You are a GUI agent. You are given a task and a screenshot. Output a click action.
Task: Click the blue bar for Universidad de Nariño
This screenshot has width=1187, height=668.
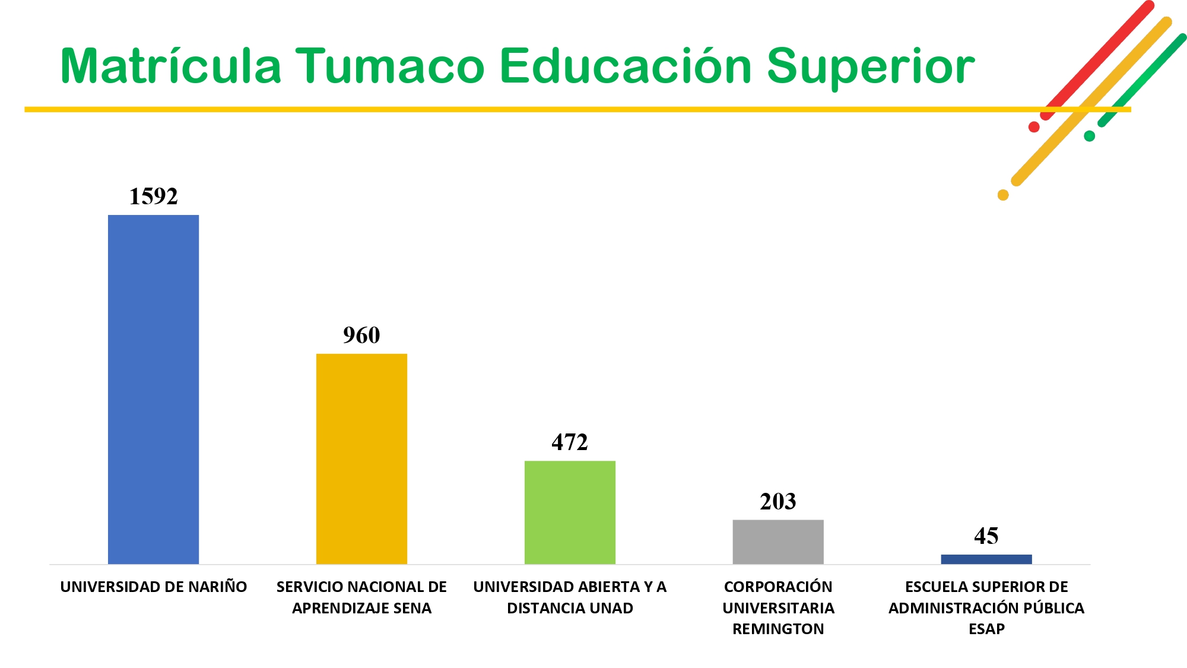[x=153, y=390]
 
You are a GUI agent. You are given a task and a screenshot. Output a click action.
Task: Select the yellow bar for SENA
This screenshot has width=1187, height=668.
[x=361, y=459]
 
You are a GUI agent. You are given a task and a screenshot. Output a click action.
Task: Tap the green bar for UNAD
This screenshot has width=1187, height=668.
[x=570, y=512]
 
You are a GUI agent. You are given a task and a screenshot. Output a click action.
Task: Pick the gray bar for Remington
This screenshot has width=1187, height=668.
[x=778, y=542]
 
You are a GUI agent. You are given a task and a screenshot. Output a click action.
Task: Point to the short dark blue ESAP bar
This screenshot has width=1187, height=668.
[x=986, y=559]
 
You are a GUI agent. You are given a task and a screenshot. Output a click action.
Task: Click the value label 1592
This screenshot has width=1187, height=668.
[x=154, y=197]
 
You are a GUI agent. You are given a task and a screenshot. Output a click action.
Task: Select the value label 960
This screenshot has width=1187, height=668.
[x=361, y=335]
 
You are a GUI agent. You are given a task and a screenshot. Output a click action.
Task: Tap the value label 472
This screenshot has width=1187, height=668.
[x=570, y=442]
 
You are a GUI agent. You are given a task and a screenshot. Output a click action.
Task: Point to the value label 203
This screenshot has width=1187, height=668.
[x=778, y=502]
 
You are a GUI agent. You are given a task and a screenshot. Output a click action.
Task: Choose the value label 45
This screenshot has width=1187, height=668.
[x=986, y=536]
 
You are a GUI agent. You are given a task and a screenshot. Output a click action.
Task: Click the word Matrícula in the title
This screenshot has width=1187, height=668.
[x=171, y=65]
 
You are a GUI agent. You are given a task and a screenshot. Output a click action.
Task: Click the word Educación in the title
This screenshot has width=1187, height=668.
[x=626, y=65]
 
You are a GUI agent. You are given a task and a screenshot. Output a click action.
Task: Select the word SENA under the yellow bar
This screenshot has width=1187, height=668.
[x=412, y=608]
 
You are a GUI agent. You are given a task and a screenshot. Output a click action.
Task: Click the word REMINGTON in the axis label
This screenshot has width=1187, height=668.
[x=778, y=629]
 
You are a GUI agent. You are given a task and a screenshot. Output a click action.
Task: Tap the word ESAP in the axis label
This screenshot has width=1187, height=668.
[x=986, y=629]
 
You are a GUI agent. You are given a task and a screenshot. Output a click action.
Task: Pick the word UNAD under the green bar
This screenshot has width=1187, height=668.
[x=611, y=608]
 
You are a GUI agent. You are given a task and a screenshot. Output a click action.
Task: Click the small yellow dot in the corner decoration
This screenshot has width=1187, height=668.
[x=1003, y=195]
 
